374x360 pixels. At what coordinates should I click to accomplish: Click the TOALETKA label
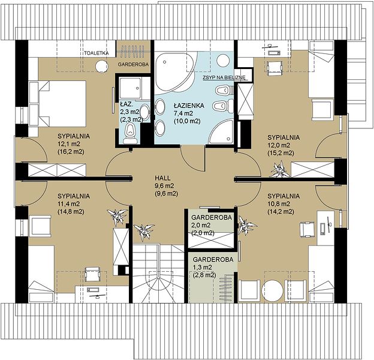point(96,53)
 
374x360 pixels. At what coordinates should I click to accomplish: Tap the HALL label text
point(162,178)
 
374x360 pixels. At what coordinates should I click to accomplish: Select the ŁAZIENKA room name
point(189,106)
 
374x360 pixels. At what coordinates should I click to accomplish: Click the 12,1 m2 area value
point(69,144)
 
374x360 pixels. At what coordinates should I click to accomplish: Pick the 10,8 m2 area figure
point(279,204)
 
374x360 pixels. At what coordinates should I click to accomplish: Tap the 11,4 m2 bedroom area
point(69,204)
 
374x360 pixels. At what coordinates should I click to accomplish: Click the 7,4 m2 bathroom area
point(183,113)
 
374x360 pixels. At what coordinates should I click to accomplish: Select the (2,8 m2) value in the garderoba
point(204,275)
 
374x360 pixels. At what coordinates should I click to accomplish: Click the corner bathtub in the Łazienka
point(175,71)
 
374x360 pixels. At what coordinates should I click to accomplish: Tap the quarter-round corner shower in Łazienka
point(221,132)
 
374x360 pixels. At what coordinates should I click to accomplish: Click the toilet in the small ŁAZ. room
point(130,134)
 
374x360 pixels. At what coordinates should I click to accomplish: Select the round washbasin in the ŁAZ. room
point(144,112)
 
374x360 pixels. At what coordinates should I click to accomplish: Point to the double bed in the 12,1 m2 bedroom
point(58,103)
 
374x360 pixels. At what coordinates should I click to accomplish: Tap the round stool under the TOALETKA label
point(101,66)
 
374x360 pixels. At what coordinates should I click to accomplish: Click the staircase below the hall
point(158,273)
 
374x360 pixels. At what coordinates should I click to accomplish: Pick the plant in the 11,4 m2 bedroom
point(117,216)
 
